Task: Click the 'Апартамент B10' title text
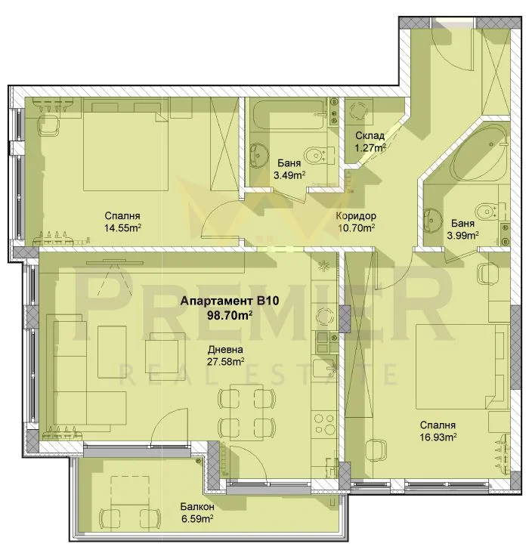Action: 230,301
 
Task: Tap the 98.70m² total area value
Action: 230,315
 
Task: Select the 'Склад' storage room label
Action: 370,135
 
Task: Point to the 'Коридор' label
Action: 356,216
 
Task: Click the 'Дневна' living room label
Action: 225,350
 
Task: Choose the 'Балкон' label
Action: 197,507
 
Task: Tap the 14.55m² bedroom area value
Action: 122,228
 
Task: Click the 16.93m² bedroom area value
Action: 438,437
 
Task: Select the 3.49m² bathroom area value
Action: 289,175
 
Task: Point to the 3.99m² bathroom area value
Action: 462,235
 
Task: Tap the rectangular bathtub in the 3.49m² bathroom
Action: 289,115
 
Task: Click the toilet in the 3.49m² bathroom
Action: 319,155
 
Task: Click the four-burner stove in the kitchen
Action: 324,424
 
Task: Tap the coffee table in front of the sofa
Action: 112,352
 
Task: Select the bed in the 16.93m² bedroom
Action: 462,366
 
